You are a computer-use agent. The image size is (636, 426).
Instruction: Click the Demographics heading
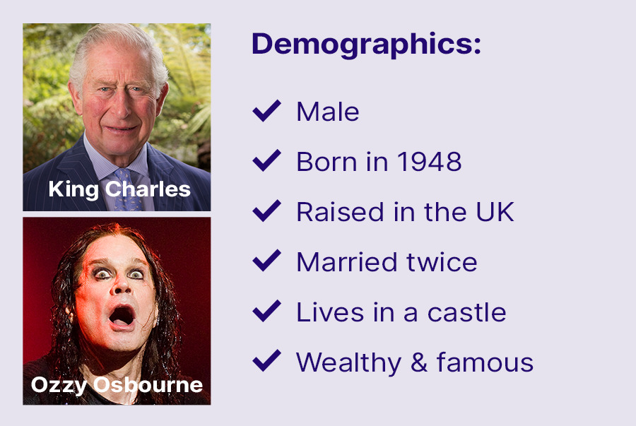366,45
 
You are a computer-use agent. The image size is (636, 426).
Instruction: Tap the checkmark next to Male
266,111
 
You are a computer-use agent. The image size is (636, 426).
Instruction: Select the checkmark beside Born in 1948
266,160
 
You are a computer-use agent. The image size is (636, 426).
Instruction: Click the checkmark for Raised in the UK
266,211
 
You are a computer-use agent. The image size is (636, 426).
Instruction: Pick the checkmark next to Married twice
266,261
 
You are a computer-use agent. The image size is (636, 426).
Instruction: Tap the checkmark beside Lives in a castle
266,311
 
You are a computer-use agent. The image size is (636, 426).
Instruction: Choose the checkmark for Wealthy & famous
266,361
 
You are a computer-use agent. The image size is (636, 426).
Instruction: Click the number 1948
429,162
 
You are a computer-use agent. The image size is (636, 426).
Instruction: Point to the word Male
328,112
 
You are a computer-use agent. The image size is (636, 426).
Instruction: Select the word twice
442,262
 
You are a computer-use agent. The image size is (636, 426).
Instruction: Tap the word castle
467,312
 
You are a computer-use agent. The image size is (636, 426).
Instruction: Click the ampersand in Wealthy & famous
419,362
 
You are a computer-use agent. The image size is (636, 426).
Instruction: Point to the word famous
485,362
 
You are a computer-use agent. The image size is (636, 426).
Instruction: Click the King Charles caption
119,189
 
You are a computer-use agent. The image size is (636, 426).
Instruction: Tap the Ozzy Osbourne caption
117,385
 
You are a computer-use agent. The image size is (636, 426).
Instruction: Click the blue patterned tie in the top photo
126,190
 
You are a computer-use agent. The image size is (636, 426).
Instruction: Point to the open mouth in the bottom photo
122,316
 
